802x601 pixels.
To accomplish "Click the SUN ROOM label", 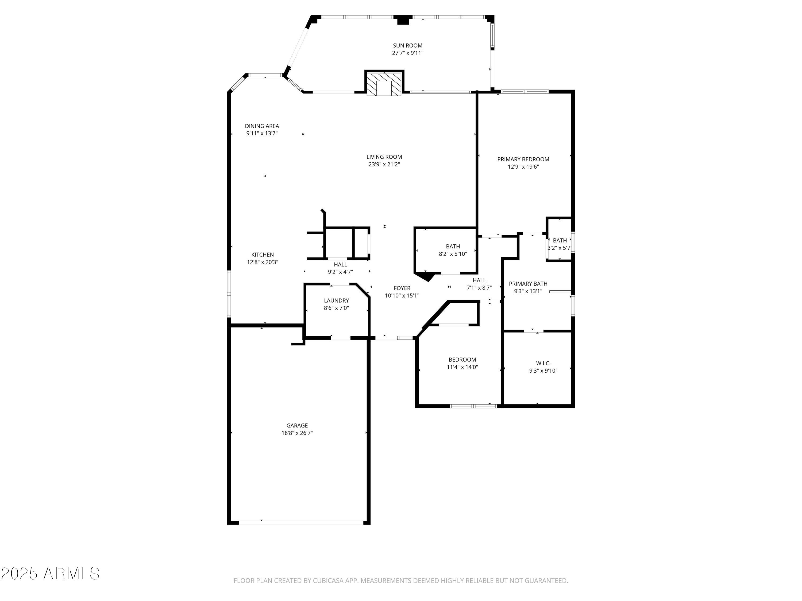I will [407, 46].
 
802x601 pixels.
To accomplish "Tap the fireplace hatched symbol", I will [384, 84].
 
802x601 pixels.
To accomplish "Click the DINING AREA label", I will [262, 126].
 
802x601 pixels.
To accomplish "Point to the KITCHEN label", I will [263, 255].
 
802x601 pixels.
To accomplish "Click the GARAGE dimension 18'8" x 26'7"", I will [297, 433].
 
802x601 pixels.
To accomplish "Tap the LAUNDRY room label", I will [336, 300].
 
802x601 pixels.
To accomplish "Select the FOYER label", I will [402, 288].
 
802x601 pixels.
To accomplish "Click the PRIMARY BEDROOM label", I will [523, 159].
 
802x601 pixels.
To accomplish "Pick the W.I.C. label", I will [543, 363].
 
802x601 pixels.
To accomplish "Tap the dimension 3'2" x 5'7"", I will [560, 248].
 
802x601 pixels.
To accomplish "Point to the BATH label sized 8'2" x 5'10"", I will [453, 246].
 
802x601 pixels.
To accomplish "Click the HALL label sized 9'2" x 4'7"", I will [340, 264].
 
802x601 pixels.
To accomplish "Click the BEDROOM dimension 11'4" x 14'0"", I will [462, 367].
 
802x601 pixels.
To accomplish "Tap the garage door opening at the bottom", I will [301, 522].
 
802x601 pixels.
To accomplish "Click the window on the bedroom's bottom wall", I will [473, 406].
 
